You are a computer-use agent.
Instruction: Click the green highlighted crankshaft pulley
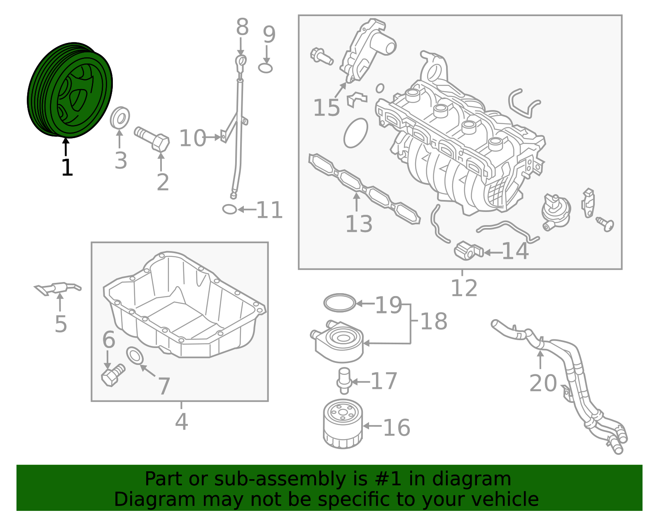[70, 90]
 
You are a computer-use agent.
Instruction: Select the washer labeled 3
[120, 118]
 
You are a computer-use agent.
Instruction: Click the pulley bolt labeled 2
[153, 139]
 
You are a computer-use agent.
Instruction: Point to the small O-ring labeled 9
[266, 68]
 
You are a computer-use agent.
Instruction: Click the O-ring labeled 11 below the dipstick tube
[229, 209]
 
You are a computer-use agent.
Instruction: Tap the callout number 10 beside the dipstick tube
[192, 138]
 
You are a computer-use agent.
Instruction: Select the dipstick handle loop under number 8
[241, 62]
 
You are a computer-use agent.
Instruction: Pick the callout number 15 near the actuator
[327, 108]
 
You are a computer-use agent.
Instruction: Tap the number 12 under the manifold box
[464, 288]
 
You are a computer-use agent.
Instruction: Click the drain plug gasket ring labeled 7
[135, 356]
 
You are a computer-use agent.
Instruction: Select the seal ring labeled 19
[339, 303]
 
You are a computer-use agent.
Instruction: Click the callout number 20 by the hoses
[543, 383]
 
